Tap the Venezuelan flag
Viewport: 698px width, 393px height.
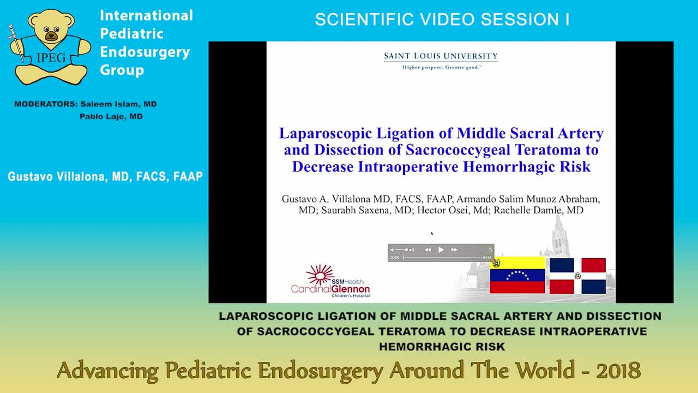[x=518, y=275]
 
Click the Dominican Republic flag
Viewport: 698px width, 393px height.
[x=577, y=276]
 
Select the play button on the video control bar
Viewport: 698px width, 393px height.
[x=441, y=250]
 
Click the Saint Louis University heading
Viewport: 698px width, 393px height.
[x=441, y=56]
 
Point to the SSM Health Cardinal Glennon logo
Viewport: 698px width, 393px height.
[x=330, y=282]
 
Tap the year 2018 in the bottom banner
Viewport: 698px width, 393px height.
[x=618, y=371]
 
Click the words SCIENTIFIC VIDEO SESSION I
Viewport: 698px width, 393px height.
[x=442, y=20]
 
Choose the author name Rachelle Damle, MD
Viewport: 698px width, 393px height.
[x=538, y=210]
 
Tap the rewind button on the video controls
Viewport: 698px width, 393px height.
[x=428, y=250]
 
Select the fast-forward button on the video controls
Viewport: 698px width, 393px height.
[x=454, y=250]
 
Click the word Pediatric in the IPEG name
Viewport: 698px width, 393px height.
[x=131, y=33]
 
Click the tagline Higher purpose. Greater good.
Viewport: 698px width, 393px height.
[x=441, y=67]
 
